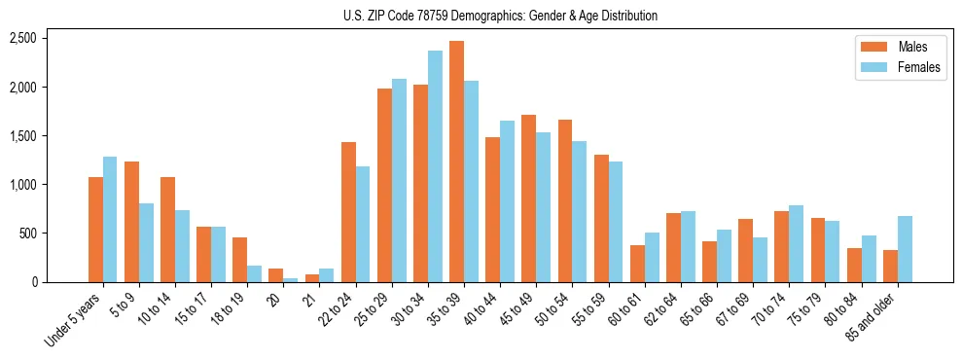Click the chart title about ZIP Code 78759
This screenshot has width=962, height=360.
tap(500, 16)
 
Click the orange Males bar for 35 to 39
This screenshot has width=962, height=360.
tap(456, 162)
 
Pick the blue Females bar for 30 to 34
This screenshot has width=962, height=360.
tap(435, 166)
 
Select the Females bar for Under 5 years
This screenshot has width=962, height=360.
tap(110, 220)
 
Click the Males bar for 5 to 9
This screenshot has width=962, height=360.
tap(131, 222)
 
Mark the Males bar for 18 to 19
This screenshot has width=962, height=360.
tap(239, 260)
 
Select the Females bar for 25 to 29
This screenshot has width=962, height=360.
tap(399, 181)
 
